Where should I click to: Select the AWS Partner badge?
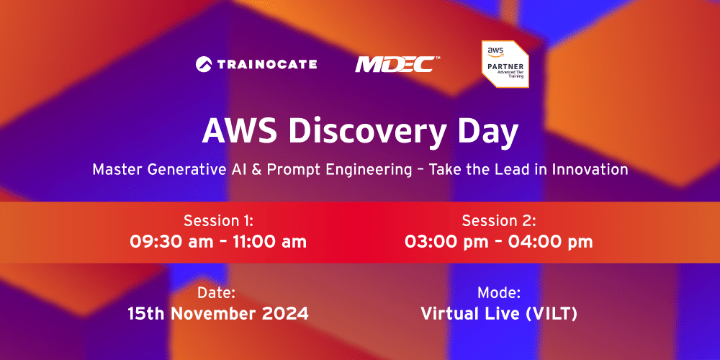tap(505, 64)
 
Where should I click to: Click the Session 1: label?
tap(218, 220)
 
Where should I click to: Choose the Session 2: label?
tap(498, 220)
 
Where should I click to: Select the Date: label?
tap(218, 293)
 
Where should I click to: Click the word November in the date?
tap(221, 314)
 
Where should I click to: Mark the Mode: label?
tap(498, 293)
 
